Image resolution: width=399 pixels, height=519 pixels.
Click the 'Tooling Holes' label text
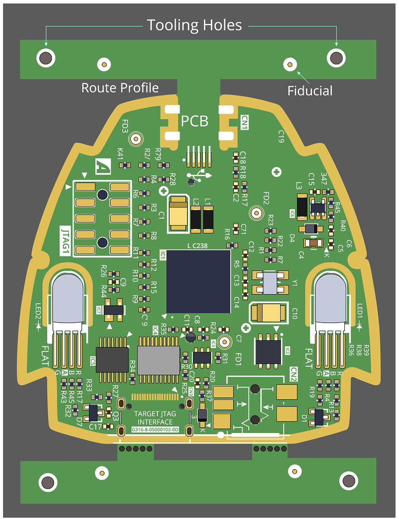point(194,25)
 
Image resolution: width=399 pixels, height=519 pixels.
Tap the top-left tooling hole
point(45,57)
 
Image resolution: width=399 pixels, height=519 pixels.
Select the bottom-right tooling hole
point(349,480)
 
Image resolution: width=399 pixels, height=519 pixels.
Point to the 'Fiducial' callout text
point(310,91)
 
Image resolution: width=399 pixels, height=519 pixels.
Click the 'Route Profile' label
point(120,88)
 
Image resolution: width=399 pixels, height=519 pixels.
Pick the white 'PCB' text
point(195,121)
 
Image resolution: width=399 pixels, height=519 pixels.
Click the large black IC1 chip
point(199,281)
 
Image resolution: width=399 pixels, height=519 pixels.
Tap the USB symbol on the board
point(199,176)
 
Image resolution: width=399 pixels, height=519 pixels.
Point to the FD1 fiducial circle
point(225,342)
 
